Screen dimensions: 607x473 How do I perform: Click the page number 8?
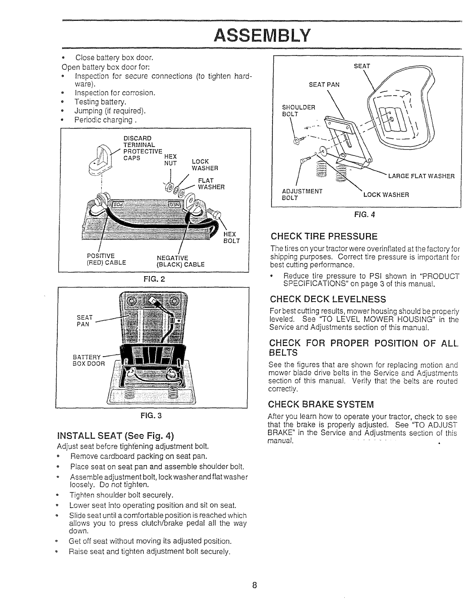[255, 585]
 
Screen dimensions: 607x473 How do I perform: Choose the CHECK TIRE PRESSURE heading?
[324, 237]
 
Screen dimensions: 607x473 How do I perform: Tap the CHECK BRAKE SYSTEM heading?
[321, 403]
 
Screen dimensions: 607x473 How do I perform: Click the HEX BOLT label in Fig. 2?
[232, 237]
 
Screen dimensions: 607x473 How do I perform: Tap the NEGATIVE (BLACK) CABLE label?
[180, 261]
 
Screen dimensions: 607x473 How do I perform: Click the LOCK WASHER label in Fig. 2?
[204, 165]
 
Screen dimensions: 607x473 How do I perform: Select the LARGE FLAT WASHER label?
[421, 176]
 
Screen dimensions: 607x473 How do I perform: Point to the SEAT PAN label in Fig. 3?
[83, 321]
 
